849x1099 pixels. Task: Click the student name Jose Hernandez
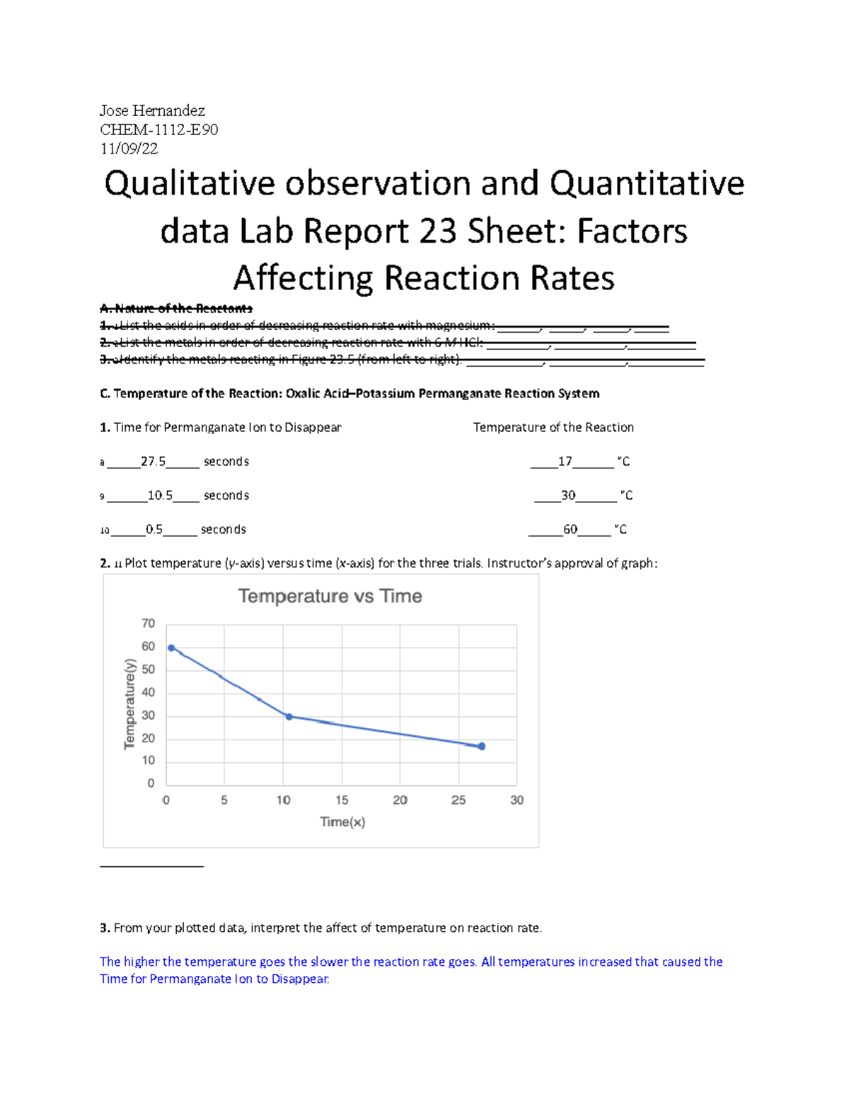[152, 110]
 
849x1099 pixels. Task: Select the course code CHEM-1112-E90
[158, 130]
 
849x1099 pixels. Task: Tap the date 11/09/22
[129, 149]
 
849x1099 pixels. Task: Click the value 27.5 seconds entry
[153, 461]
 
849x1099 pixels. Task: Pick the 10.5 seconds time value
[160, 495]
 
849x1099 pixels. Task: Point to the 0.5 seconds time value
[154, 529]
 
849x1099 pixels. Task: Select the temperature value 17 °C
[565, 461]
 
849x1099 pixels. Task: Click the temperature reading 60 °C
[570, 529]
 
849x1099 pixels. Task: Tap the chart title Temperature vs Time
[330, 597]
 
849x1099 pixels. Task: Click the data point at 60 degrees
[171, 648]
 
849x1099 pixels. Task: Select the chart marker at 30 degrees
[289, 717]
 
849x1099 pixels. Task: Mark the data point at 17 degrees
[482, 746]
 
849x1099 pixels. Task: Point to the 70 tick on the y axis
[148, 623]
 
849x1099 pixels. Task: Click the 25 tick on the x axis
[458, 800]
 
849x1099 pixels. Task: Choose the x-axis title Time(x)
[342, 822]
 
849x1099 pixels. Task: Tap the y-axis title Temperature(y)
[129, 703]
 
